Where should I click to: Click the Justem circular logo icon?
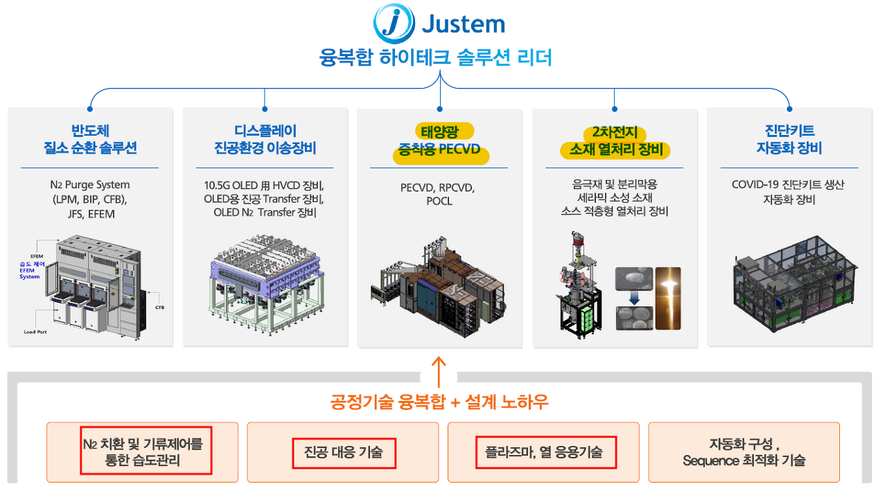393,24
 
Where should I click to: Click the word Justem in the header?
463,24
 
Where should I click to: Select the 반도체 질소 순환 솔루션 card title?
89,139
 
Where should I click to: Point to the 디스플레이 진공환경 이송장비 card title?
265,139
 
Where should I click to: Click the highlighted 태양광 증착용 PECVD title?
440,141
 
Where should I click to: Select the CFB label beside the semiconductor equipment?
159,307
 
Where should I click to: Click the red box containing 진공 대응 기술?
343,453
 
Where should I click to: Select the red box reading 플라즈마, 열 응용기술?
546,453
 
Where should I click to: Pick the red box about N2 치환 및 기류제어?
146,450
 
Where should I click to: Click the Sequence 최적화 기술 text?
744,460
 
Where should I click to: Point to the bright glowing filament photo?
667,298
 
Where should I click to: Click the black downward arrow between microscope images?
634,297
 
